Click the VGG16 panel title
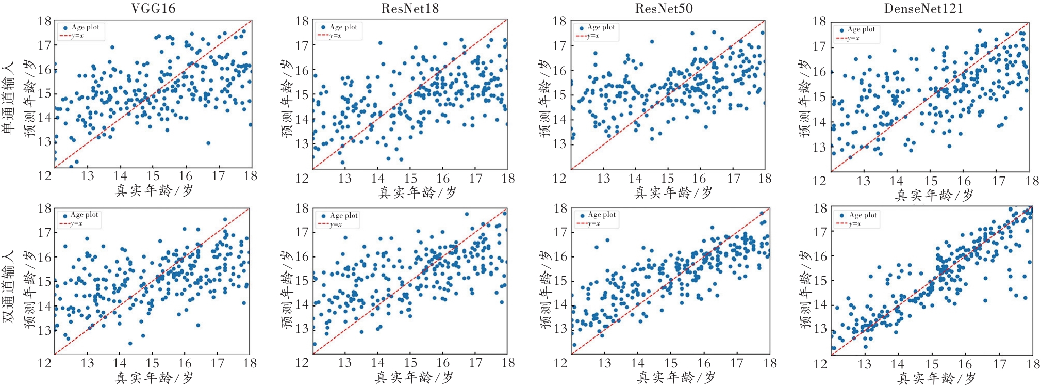click(x=153, y=9)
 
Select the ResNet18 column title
click(x=410, y=9)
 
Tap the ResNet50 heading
click(x=664, y=9)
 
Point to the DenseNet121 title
click(x=923, y=9)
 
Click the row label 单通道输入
click(x=9, y=98)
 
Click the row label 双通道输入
click(x=9, y=287)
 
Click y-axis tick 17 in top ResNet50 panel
click(x=559, y=46)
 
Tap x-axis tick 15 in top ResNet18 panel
click(x=410, y=179)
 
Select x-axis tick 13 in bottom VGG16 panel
click(x=87, y=363)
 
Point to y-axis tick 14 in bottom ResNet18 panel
click(x=302, y=304)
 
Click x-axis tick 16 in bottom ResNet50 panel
click(x=704, y=363)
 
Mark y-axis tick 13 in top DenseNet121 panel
click(x=819, y=148)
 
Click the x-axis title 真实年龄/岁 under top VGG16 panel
click(x=154, y=191)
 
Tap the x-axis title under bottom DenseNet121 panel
click(x=936, y=379)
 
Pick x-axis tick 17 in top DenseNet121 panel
click(x=999, y=181)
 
